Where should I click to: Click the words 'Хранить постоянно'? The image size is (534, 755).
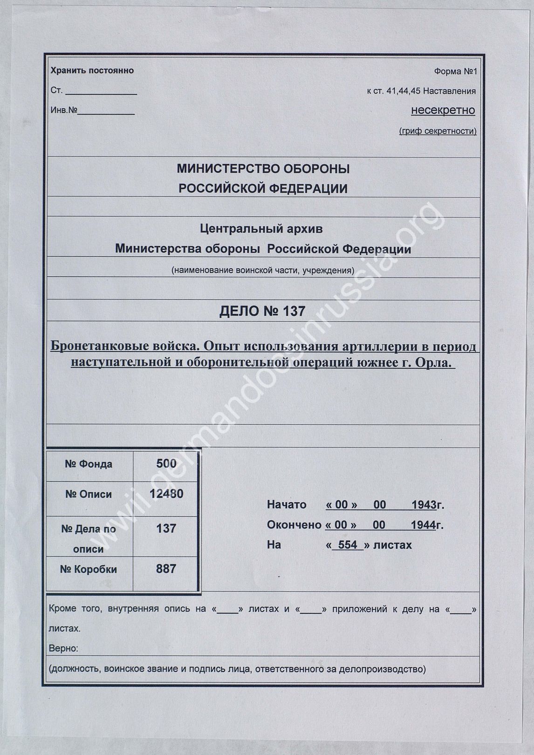pyautogui.click(x=92, y=71)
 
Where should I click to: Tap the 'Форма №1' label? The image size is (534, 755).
pyautogui.click(x=455, y=72)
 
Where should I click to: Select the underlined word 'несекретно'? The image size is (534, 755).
pyautogui.click(x=443, y=110)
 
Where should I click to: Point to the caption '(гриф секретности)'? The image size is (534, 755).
pyautogui.click(x=438, y=131)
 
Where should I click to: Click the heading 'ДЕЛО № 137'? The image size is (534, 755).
pyautogui.click(x=262, y=311)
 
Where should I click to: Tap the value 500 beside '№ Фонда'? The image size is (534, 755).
pyautogui.click(x=166, y=463)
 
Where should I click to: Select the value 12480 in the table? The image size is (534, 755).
pyautogui.click(x=166, y=494)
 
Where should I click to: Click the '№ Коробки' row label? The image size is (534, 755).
pyautogui.click(x=89, y=570)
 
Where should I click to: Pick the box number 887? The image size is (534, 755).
pyautogui.click(x=166, y=569)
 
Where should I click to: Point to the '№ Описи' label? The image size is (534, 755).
pyautogui.click(x=89, y=494)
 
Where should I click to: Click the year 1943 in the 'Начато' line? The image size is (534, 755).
pyautogui.click(x=423, y=505)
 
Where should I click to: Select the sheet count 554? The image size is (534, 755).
pyautogui.click(x=348, y=545)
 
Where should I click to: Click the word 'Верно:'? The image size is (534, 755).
pyautogui.click(x=63, y=648)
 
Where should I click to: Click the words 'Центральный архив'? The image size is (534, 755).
pyautogui.click(x=261, y=229)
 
